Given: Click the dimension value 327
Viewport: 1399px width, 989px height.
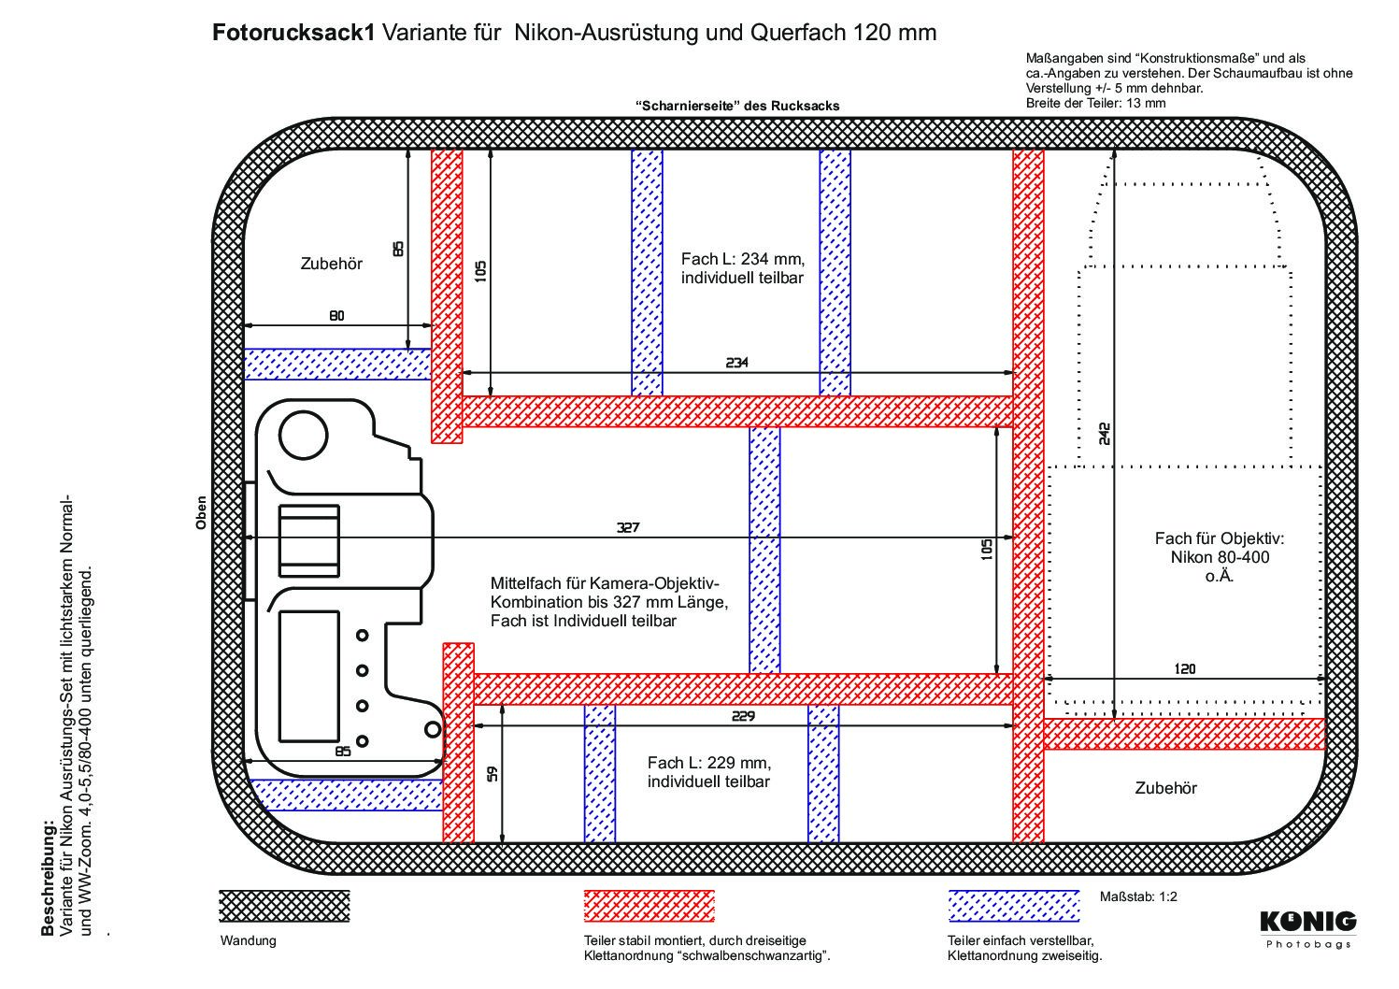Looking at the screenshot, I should pos(627,527).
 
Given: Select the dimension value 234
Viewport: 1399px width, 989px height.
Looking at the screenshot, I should pos(737,362).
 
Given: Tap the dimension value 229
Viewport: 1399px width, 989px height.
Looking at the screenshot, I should pos(744,716).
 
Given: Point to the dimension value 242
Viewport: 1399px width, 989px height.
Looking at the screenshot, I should pos(1105,433).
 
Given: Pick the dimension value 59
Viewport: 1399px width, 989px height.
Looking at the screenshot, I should pos(493,774).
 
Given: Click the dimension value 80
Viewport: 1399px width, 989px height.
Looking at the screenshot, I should pos(335,316).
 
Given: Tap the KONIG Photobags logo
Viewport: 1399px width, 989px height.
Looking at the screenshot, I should pos(1308,927).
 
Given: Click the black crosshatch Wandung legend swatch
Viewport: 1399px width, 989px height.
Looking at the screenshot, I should pos(284,906).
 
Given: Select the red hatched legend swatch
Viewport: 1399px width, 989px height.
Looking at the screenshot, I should pos(650,906).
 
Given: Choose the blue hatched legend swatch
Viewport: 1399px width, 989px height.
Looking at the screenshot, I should pos(1013,906).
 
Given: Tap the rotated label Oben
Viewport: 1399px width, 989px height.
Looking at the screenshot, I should pos(200,512).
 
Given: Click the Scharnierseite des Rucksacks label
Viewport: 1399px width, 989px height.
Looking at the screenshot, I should pos(736,106).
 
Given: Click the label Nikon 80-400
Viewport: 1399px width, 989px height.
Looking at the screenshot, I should pos(1220,557).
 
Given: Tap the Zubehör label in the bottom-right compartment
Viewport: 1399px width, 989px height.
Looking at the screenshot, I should pos(1165,788).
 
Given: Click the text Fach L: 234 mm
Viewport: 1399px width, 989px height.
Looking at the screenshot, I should pos(742,258).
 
